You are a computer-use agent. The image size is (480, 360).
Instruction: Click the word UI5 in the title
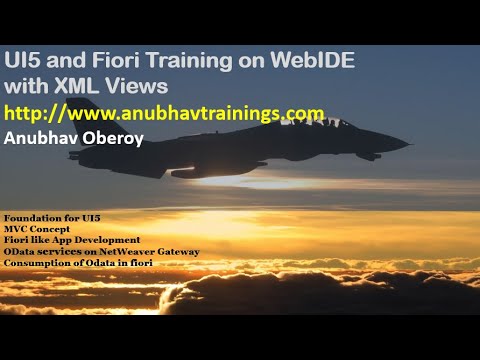[x=24, y=61]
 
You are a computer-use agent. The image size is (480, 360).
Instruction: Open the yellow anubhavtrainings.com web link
[x=164, y=112]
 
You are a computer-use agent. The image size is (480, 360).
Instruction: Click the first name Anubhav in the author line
[x=40, y=138]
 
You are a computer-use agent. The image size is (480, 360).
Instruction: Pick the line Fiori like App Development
[x=71, y=240]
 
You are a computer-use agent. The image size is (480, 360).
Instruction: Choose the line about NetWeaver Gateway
[x=101, y=251]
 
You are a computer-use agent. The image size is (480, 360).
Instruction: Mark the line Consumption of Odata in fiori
[x=83, y=262]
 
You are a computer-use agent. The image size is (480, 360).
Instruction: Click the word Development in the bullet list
[x=109, y=240]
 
